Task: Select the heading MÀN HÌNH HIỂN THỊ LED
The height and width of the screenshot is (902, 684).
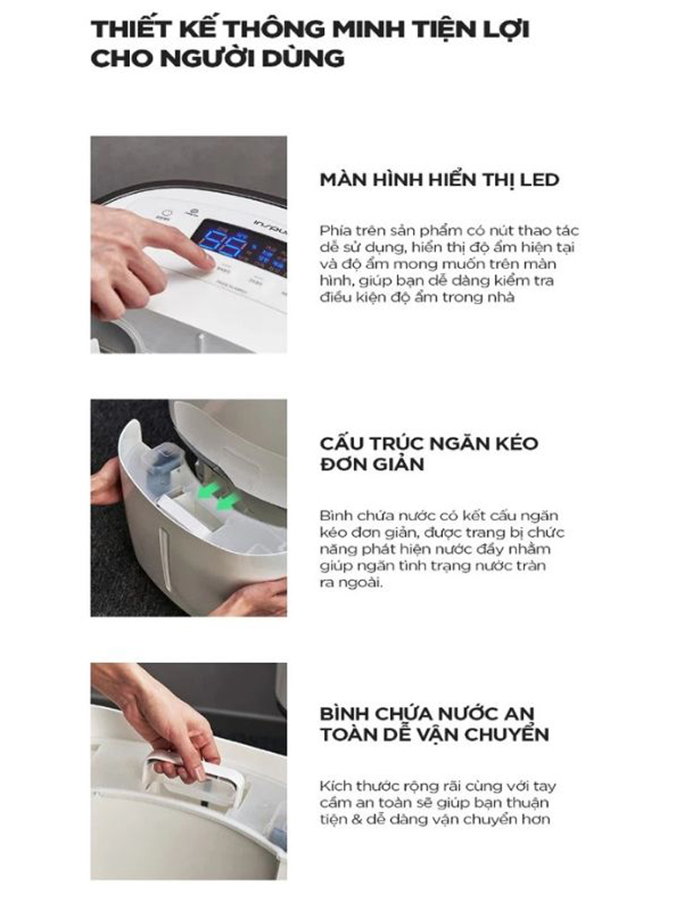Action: [x=439, y=180]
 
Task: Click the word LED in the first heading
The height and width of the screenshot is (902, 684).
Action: [x=537, y=180]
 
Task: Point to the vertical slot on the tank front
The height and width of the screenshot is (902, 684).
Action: [x=163, y=557]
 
